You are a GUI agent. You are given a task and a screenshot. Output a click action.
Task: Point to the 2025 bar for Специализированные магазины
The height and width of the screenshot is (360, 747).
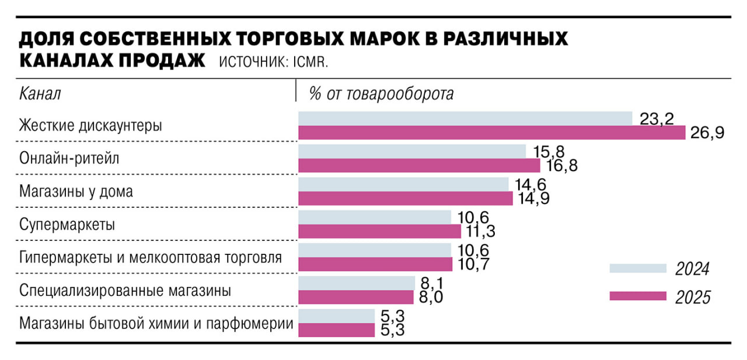pos(356,297)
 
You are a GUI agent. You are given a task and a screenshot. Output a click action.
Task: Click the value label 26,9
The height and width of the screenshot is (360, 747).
pos(707,134)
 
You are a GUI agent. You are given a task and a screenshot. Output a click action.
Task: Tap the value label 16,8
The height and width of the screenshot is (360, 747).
pos(562,166)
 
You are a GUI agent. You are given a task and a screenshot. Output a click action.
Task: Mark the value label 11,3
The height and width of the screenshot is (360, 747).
pos(479,232)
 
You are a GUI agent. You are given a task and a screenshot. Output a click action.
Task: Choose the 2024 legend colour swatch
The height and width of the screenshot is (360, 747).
pos(638,268)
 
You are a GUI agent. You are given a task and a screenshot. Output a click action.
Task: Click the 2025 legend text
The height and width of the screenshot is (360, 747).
pos(693,298)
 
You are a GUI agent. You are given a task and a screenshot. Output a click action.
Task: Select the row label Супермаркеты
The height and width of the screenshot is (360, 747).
pos(67,225)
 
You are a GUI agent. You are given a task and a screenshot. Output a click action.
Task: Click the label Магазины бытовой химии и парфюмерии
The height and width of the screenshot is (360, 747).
pos(156,323)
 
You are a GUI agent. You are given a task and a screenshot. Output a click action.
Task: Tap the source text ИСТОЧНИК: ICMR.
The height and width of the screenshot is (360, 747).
pos(274,62)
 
